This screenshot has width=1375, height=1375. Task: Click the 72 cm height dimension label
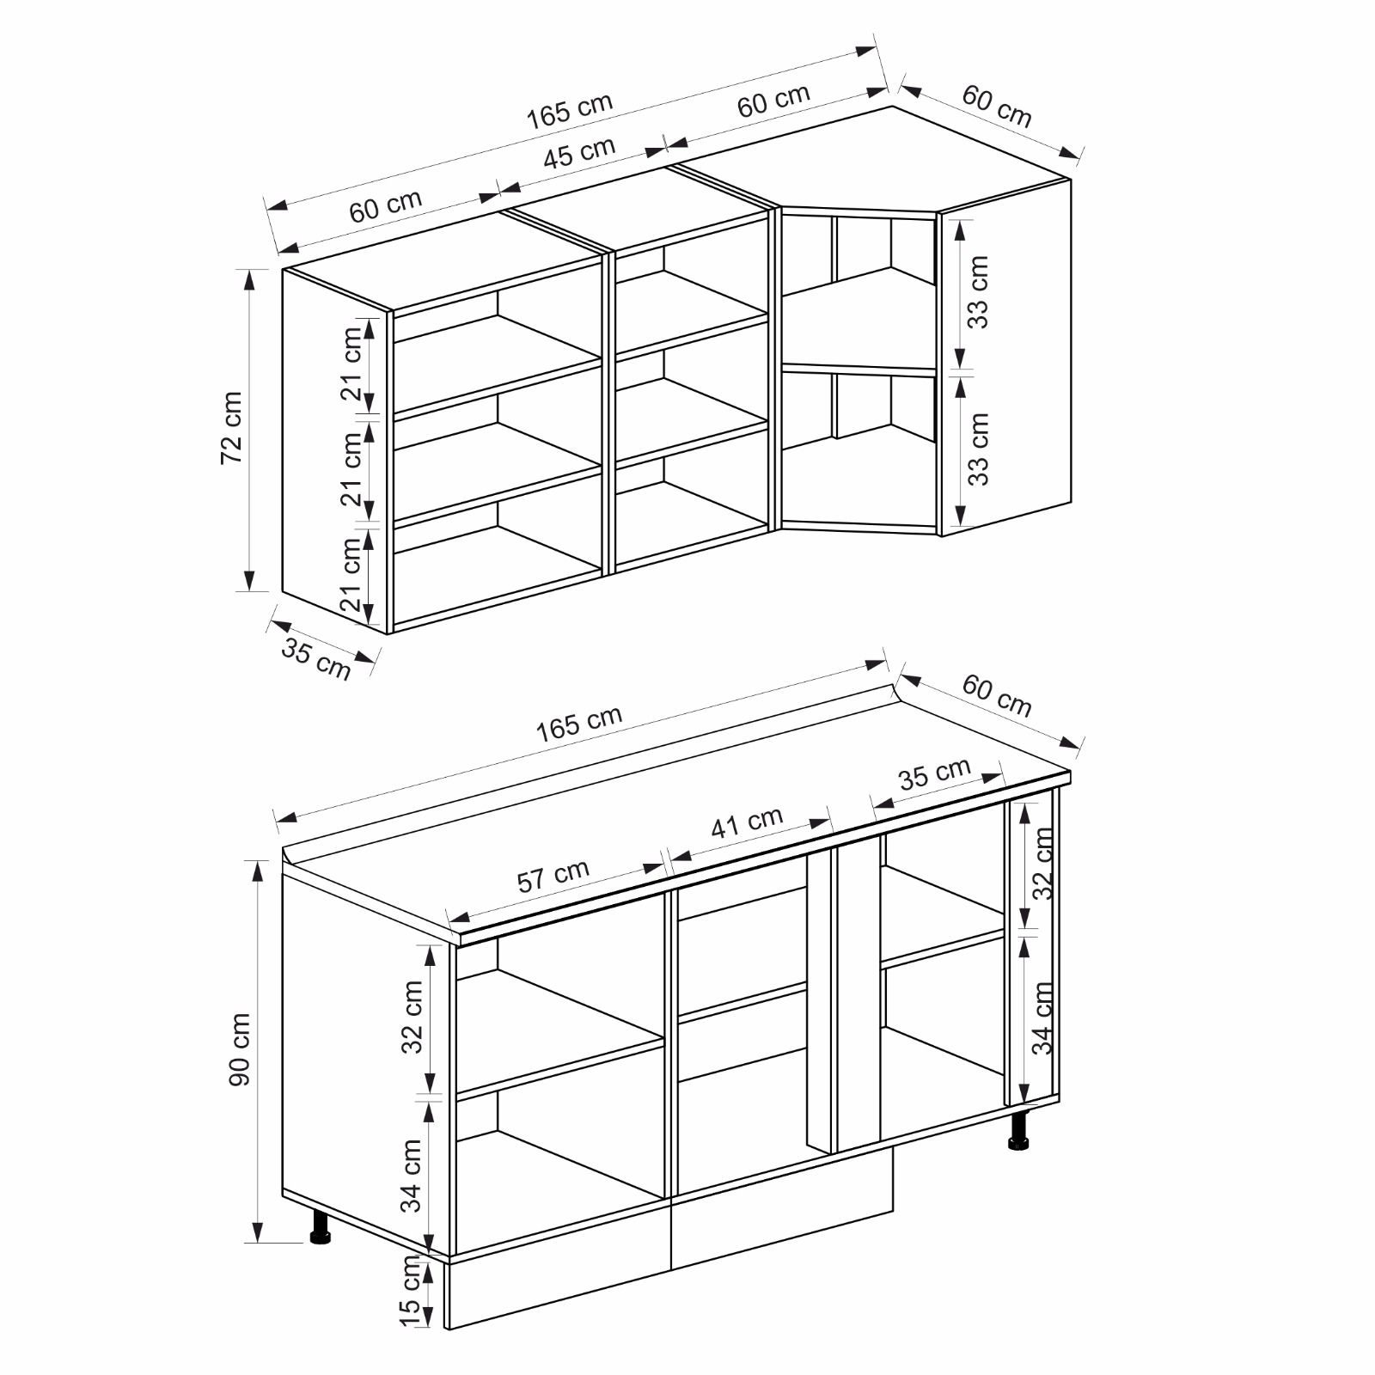[x=232, y=428]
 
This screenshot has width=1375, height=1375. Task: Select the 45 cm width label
[x=580, y=153]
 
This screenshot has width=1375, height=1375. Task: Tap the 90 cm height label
[x=240, y=1049]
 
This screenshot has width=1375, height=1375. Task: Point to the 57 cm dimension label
[x=553, y=876]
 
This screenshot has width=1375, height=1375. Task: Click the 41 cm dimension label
[x=747, y=822]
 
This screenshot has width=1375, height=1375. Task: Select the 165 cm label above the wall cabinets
[x=570, y=110]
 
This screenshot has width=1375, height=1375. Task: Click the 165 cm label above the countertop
[x=579, y=724]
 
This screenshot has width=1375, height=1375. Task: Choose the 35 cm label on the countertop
[x=935, y=774]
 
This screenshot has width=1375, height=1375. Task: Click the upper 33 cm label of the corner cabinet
[x=978, y=292]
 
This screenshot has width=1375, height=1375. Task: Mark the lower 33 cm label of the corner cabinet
[x=978, y=449]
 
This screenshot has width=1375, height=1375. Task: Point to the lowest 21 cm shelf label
[x=351, y=574]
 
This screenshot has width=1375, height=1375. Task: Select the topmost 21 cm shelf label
[x=351, y=364]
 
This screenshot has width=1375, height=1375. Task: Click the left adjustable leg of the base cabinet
[x=321, y=1226]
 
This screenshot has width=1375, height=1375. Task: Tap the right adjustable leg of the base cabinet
[x=1020, y=1130]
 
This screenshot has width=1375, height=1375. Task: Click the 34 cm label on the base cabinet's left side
[x=412, y=1176]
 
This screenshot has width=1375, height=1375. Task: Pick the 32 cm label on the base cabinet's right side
[x=1043, y=863]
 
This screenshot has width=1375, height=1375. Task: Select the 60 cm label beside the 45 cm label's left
[x=386, y=205]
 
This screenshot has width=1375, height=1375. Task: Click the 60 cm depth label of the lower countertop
[x=997, y=696]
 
